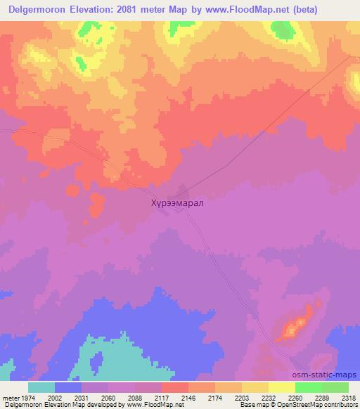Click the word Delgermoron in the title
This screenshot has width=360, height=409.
click(37, 10)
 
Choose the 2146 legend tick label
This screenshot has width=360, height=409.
click(188, 398)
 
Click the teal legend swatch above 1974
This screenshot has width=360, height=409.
click(41, 387)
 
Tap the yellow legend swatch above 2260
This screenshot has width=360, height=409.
click(282, 387)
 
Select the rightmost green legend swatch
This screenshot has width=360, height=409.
click(335, 387)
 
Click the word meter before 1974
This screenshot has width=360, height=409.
click(10, 398)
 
